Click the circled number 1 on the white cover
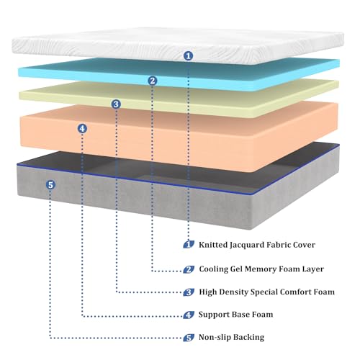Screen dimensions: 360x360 coord(189,56)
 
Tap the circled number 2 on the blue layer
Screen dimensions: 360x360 coord(153,81)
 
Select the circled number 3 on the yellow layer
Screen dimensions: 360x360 coord(116,104)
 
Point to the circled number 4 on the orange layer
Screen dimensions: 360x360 coord(82,129)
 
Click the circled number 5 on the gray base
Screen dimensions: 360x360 coord(50,185)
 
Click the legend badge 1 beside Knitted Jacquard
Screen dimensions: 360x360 coord(189,245)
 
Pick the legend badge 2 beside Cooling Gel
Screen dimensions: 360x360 coord(189,269)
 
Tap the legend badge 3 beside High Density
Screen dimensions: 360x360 coord(189,292)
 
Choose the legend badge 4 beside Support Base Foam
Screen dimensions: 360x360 coord(189,315)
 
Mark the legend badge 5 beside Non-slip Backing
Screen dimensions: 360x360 coord(189,338)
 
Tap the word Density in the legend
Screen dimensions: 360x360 coord(233,292)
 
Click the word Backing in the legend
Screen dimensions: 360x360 coord(248,338)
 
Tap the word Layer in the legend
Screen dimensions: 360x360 coord(312,269)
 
